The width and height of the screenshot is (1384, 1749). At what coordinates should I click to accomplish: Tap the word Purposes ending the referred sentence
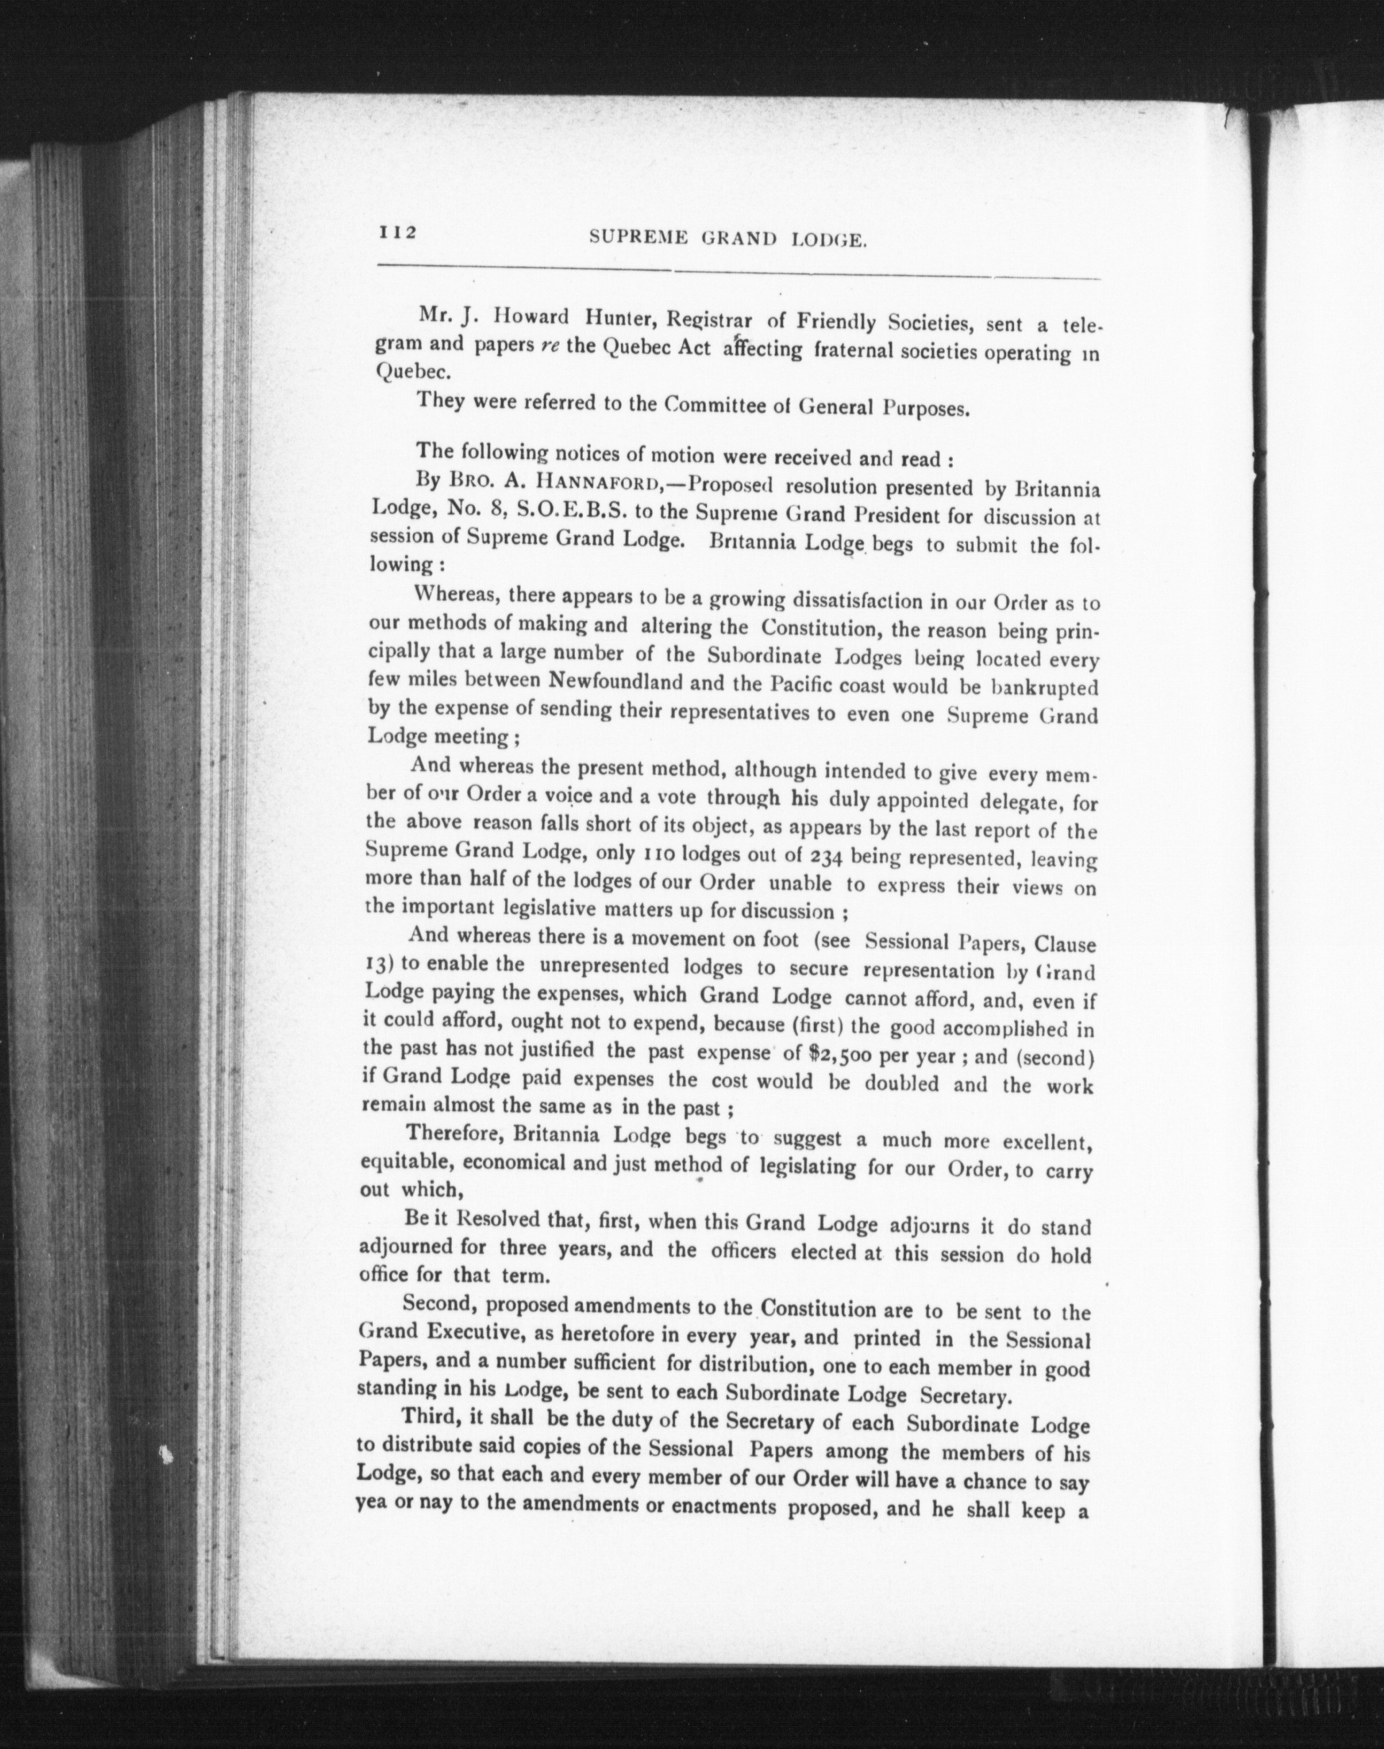[x=925, y=408]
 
